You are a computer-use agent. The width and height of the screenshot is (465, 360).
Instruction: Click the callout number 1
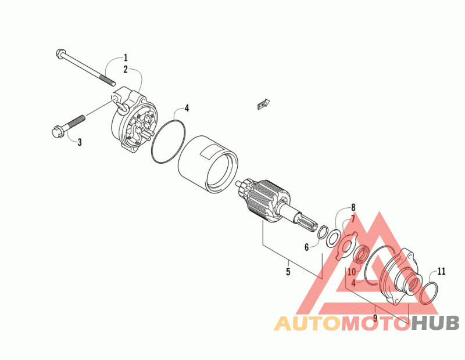point(125,58)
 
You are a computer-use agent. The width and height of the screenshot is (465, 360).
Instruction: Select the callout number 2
point(125,69)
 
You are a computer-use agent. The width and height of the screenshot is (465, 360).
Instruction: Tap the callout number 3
point(80,142)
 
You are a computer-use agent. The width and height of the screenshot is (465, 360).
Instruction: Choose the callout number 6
point(306,247)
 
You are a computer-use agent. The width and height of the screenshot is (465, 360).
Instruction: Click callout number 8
point(352,207)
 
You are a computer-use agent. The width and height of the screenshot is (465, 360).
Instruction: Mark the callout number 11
point(442,271)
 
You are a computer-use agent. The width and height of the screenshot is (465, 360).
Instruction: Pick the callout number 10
point(352,272)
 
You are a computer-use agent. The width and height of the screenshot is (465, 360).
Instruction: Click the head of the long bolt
point(60,55)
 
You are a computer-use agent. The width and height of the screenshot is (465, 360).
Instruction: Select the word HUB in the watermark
point(434,323)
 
